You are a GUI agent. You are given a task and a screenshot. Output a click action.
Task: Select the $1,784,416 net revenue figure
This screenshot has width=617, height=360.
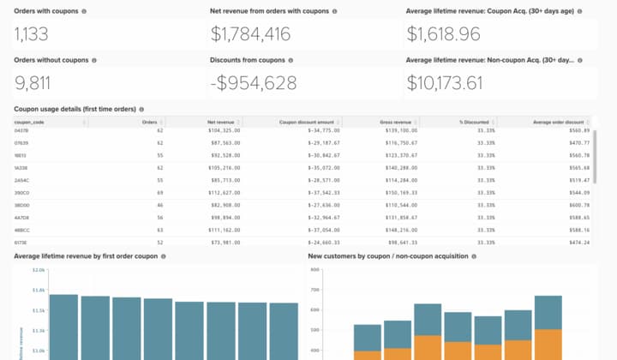[x=251, y=34]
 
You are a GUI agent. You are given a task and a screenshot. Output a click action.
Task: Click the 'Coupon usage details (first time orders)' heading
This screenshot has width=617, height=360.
[x=74, y=110]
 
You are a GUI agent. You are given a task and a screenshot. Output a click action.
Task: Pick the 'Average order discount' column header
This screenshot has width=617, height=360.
[x=558, y=122]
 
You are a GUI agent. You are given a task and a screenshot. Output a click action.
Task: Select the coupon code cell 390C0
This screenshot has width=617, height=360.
[x=22, y=194]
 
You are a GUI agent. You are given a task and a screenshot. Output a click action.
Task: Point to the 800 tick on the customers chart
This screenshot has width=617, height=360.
[x=314, y=269]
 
